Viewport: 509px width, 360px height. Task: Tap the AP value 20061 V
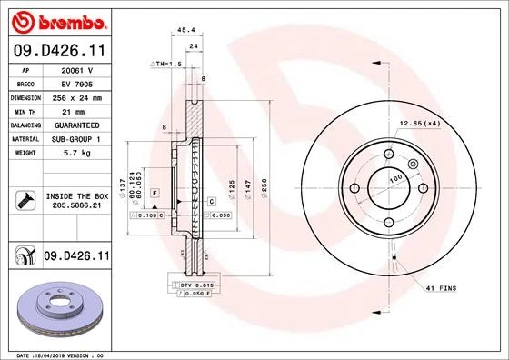(78, 69)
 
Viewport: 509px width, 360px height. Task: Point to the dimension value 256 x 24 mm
(78, 95)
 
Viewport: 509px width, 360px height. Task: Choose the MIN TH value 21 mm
(78, 108)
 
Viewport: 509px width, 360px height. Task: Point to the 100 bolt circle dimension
(395, 181)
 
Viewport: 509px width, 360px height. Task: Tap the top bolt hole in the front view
(387, 155)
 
